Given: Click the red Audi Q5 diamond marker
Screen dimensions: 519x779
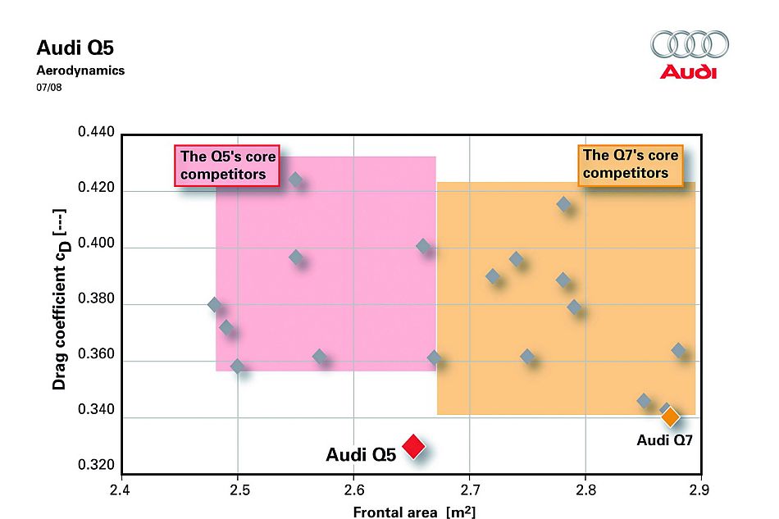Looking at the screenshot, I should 413,445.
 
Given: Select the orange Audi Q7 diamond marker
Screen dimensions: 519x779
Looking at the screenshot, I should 671,417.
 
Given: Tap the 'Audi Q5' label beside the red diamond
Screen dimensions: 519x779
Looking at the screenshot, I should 361,454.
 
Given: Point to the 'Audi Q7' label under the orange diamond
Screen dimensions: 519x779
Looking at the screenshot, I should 665,440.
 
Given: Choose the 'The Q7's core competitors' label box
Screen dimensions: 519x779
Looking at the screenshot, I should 631,163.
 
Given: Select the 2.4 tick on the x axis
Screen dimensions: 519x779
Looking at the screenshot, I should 121,490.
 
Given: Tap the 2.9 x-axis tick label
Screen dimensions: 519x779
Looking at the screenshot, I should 700,490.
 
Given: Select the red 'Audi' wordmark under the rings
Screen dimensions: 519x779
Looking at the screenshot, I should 689,72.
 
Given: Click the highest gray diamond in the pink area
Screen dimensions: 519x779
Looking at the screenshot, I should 295,180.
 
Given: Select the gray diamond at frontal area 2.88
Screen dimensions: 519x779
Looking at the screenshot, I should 678,350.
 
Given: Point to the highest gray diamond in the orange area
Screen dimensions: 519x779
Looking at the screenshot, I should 563,204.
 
